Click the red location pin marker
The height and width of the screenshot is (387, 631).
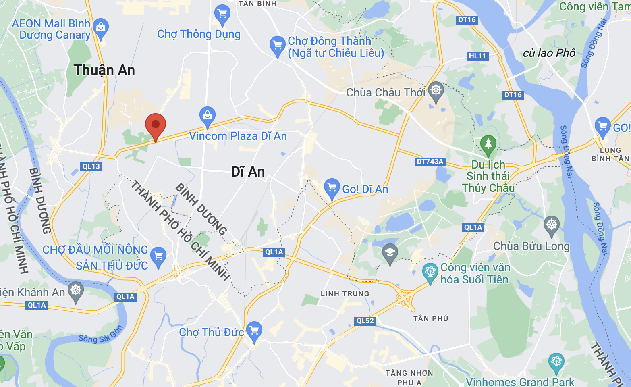[x=156, y=125]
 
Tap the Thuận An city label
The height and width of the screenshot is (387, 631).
[x=104, y=70]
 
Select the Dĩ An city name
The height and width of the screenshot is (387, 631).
[x=248, y=172]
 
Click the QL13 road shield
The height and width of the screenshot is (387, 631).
[x=91, y=166]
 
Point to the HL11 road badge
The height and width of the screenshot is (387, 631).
[x=477, y=56]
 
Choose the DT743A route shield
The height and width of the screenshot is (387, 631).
[x=430, y=162]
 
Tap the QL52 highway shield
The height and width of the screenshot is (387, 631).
[x=365, y=321]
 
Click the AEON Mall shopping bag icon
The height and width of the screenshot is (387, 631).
[x=101, y=28]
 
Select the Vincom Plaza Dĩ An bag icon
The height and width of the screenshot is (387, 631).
[x=208, y=116]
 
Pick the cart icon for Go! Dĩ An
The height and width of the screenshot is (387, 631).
[x=332, y=187]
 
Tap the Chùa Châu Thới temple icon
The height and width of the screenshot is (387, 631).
[x=436, y=90]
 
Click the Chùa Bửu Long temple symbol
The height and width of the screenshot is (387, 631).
[x=552, y=225]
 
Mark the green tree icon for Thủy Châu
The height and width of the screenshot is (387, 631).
[x=488, y=144]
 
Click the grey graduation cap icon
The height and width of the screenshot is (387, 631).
[x=390, y=253]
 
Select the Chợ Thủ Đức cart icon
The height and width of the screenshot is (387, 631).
[x=254, y=331]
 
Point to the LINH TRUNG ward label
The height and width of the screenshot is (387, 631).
[x=345, y=294]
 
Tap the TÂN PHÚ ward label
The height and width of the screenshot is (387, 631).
[x=431, y=319]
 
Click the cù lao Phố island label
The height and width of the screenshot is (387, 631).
[x=549, y=53]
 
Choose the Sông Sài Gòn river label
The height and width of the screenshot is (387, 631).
[x=101, y=335]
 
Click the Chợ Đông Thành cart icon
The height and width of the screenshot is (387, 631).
[x=278, y=45]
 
